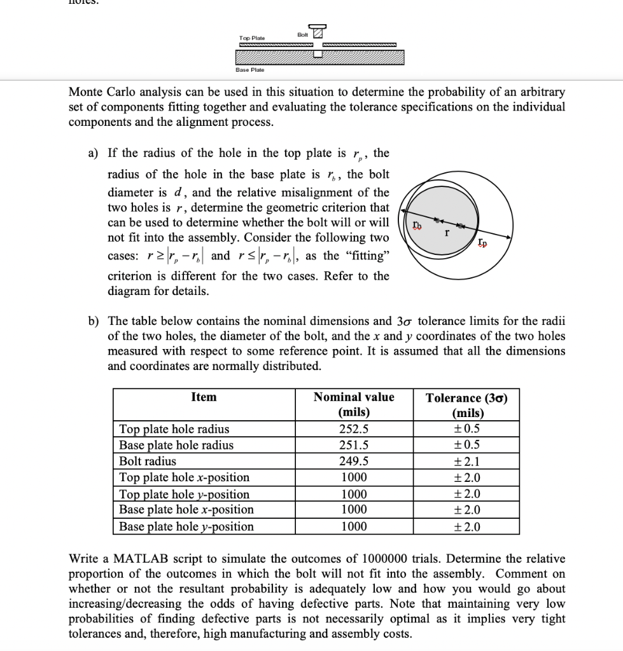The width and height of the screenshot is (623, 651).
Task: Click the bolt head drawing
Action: point(318,33)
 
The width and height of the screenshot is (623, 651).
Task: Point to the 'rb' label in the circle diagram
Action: point(416,224)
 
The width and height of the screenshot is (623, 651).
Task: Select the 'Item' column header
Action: point(204,397)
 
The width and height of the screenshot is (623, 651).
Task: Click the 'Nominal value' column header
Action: point(354,397)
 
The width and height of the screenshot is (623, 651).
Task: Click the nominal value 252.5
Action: point(354,428)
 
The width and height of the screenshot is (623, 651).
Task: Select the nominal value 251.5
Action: point(354,445)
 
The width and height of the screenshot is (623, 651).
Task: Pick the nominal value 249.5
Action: point(354,461)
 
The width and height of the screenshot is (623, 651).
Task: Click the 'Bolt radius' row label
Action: point(148,461)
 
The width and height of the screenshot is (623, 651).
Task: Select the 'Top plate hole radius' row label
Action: point(174,428)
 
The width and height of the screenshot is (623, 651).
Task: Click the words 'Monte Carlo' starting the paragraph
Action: point(102,92)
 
